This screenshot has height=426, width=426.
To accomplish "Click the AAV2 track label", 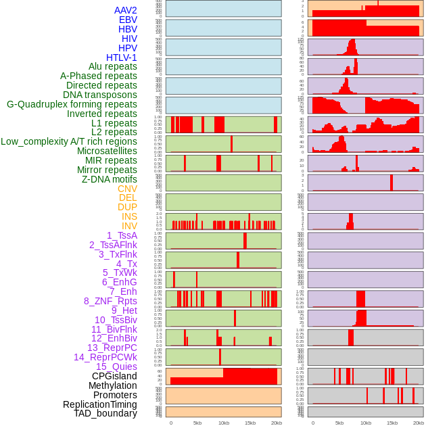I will tap(125, 10).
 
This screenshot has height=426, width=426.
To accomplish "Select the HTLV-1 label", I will tap(121, 57).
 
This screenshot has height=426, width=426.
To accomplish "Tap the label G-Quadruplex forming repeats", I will tap(72, 104).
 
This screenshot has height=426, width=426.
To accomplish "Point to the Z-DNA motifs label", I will tap(109, 179).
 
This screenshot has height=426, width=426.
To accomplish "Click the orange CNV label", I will tap(127, 189).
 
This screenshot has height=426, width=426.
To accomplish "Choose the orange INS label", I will tap(129, 216).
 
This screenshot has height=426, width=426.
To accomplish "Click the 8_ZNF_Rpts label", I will tap(110, 301).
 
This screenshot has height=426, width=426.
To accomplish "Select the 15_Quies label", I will tap(116, 366).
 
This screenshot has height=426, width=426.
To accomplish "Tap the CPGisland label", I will tap(114, 376).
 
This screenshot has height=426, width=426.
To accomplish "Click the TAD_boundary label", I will tap(105, 413).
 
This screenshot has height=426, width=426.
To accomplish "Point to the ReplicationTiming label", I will tap(99, 404).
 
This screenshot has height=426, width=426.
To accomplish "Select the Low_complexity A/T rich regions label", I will tap(69, 141).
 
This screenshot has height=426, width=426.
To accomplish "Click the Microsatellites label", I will tap(107, 151).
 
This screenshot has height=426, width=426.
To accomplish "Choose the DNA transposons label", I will tap(100, 95).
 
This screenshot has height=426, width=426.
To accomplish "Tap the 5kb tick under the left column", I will tap(197, 423).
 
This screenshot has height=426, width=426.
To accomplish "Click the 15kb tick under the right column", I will tap(391, 423).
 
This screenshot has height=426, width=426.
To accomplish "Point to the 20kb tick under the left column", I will tap(277, 423).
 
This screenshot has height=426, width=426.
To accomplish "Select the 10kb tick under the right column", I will tap(366, 423).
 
